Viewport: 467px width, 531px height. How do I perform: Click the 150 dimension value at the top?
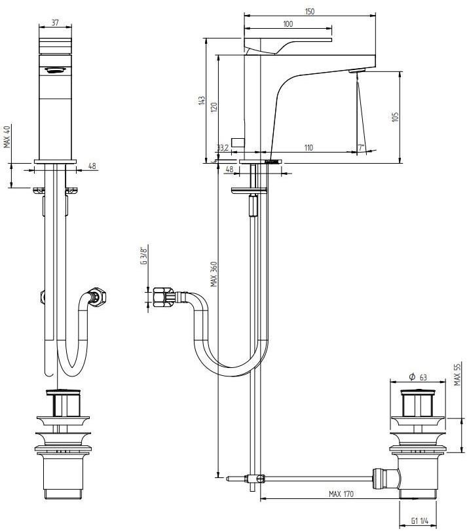tap(310, 11)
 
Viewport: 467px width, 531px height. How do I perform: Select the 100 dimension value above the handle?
tap(288, 24)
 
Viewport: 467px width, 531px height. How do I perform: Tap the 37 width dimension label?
tap(55, 23)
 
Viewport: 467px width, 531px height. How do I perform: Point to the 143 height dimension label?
tap(202, 101)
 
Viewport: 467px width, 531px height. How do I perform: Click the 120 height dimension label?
tap(214, 107)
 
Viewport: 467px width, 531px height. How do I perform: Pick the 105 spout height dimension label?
tap(395, 117)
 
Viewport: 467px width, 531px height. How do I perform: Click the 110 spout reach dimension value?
tap(308, 148)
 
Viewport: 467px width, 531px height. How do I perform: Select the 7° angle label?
tap(361, 148)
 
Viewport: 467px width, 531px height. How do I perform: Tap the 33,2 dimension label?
tap(223, 148)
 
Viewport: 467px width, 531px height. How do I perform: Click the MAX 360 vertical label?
tap(214, 274)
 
